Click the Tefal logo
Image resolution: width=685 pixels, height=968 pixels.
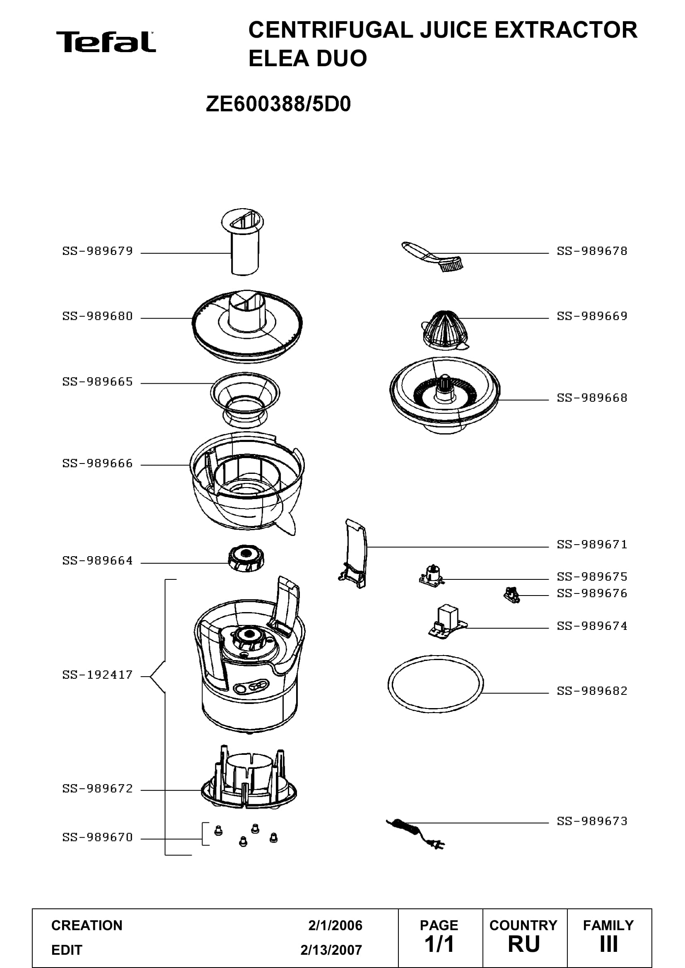coord(106,42)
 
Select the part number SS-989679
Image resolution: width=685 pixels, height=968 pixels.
coord(97,251)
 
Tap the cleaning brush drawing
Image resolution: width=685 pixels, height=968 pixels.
coord(432,256)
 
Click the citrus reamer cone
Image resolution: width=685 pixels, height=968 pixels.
coord(445,330)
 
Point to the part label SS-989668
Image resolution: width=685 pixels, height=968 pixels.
coord(592,398)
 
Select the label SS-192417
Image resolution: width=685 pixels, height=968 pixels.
coord(97,675)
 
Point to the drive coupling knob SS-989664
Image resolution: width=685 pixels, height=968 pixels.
coord(246,558)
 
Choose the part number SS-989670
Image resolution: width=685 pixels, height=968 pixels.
coord(97,837)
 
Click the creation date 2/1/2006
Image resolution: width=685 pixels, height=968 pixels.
coord(335,925)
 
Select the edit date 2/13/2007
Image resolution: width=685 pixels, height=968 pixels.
coord(331,950)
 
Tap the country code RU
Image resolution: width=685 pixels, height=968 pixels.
coord(524,944)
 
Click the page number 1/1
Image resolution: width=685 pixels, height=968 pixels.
coord(439,944)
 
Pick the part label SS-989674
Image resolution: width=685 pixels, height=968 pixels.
coord(592,626)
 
